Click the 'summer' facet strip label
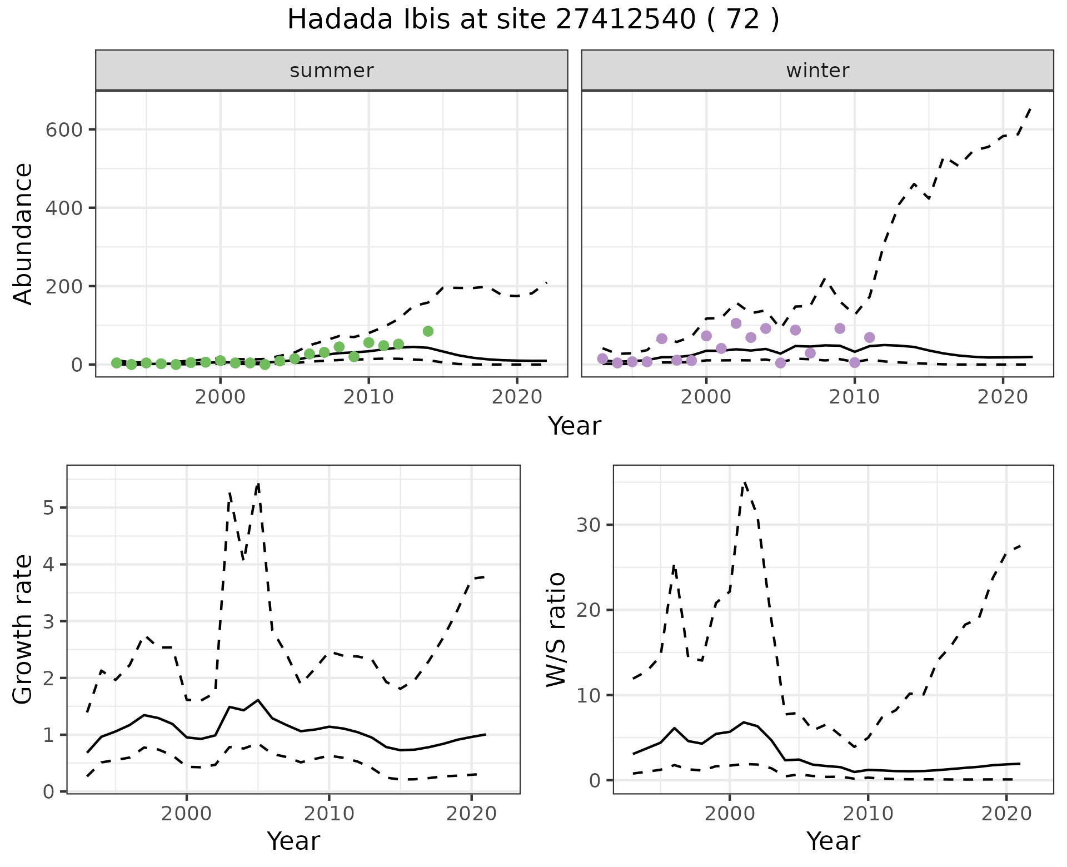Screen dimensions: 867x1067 tap(331, 71)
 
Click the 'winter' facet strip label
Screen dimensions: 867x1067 tap(817, 71)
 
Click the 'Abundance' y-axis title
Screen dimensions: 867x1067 tap(23, 233)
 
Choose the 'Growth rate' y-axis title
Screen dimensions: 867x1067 tap(23, 630)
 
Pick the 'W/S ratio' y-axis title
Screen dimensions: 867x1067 tap(556, 630)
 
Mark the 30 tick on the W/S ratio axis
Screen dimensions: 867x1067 tap(591, 525)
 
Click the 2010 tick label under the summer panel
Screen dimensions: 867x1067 tap(368, 397)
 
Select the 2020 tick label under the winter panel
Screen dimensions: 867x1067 tap(1003, 397)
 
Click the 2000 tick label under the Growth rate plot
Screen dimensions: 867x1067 tap(187, 814)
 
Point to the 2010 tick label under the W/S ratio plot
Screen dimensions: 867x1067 tap(868, 814)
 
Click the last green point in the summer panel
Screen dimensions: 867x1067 tap(428, 331)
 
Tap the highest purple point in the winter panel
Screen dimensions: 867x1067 tap(736, 323)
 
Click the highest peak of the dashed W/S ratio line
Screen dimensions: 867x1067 tap(745, 482)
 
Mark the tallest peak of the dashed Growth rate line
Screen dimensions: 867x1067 tap(258, 484)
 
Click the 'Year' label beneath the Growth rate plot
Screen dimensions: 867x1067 tap(293, 841)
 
